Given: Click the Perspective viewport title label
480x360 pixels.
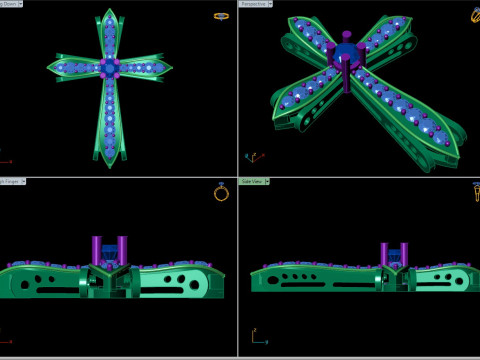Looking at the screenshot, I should click(x=254, y=4).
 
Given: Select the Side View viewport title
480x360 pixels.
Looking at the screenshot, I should click(x=253, y=182).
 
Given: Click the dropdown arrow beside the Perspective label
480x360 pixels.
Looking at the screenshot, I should click(x=271, y=4).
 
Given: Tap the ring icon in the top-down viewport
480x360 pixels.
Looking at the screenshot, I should click(x=221, y=16).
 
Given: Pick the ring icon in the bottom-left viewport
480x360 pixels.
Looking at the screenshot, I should click(x=221, y=192).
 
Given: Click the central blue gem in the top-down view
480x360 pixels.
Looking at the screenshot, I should click(x=109, y=67).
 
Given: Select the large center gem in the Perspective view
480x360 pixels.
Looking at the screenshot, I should click(x=346, y=54).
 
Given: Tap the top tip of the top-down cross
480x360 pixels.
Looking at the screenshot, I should click(x=109, y=11).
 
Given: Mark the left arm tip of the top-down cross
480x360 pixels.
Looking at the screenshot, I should click(x=48, y=68).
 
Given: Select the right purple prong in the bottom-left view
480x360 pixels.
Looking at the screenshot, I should click(x=122, y=250).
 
